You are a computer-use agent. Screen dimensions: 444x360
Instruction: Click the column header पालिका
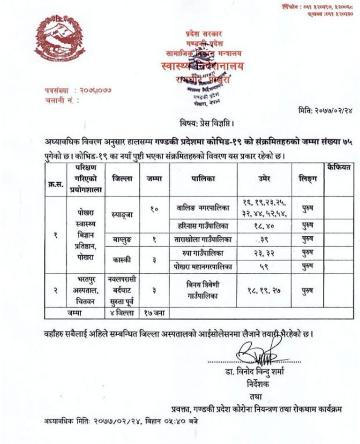pos(203,179)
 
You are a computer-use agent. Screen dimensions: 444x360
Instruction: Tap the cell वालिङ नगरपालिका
pos(203,207)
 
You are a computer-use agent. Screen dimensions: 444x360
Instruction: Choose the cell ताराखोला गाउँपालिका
pos(203,239)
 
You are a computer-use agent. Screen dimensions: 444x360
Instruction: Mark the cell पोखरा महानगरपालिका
pos(203,266)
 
